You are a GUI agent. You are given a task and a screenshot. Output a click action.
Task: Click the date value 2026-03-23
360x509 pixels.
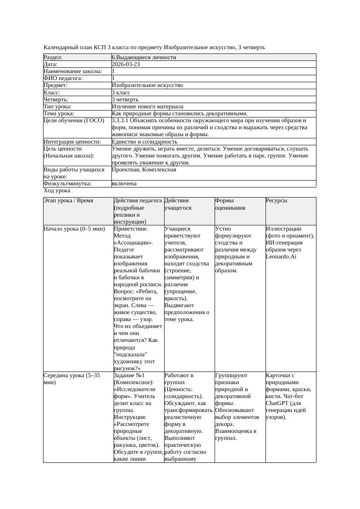click(x=126, y=64)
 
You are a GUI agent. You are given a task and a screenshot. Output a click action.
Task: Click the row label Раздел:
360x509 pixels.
click(x=53, y=57)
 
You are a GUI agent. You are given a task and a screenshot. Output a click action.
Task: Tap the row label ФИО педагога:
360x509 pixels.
click(x=63, y=78)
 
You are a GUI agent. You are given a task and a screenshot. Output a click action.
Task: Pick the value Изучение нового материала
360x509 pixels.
click(x=148, y=107)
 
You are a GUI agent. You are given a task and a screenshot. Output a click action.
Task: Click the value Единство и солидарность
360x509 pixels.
click(x=145, y=142)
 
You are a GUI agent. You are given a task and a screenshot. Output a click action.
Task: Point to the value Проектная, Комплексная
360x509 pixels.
click(x=144, y=170)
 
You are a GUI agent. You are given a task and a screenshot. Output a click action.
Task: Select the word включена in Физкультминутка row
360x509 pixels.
click(x=124, y=184)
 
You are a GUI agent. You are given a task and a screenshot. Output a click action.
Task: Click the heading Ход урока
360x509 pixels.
click(x=57, y=191)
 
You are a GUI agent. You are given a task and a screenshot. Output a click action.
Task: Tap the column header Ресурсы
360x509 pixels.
click(x=277, y=201)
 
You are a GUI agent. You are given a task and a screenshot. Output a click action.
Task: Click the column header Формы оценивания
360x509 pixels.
click(x=230, y=204)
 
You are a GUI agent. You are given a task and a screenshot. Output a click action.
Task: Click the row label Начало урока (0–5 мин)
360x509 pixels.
click(x=74, y=229)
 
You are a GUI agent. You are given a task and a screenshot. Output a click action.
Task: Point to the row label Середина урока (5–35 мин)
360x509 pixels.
click(x=72, y=378)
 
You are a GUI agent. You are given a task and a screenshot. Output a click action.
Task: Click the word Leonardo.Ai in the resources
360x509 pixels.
click(x=281, y=257)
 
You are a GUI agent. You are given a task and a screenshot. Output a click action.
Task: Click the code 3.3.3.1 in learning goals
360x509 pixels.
click(x=122, y=121)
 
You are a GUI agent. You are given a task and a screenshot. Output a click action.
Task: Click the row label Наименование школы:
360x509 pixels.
click(x=73, y=71)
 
